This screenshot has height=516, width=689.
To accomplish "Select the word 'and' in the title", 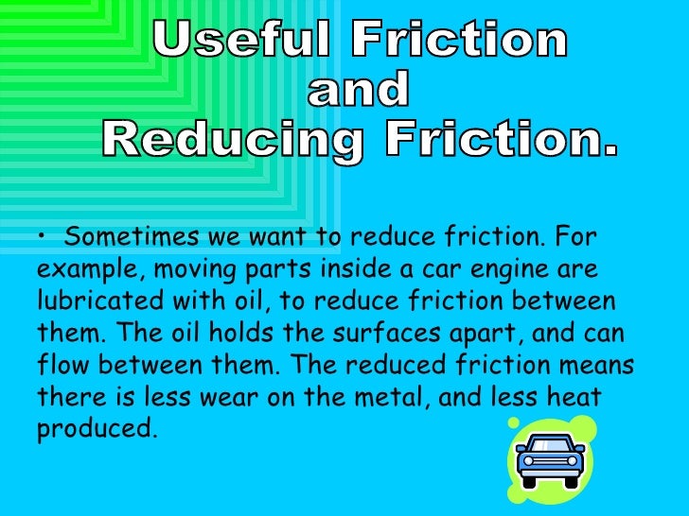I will [x=359, y=91].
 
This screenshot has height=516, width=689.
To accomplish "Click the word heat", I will [x=575, y=397].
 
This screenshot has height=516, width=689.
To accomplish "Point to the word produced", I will [x=94, y=429].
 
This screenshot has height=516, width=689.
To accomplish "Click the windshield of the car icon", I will [x=550, y=446].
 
